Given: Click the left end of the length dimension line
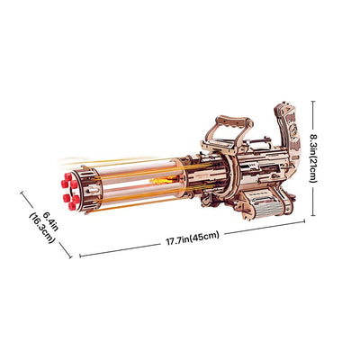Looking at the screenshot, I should (x=80, y=255).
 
